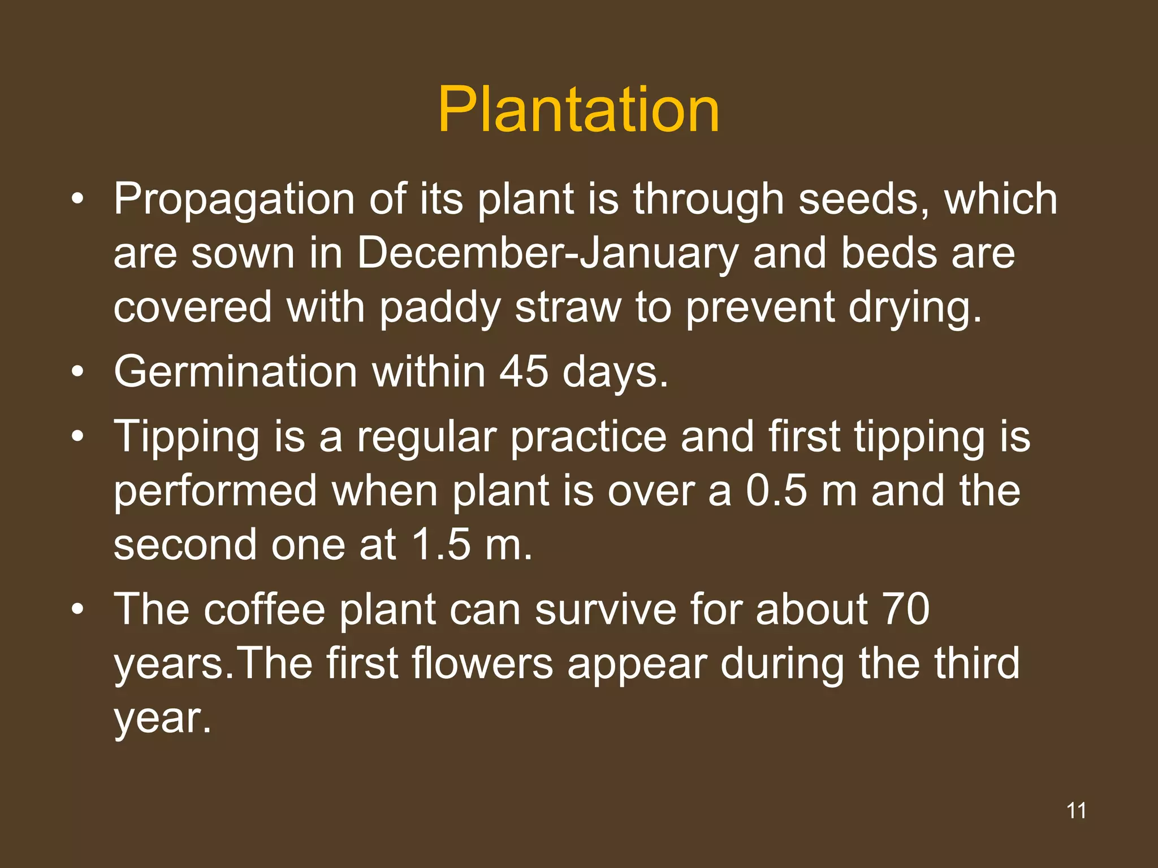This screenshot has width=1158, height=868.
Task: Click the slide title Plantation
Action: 578,110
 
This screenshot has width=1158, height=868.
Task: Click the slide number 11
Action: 1076,810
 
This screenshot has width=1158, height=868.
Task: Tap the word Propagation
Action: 234,200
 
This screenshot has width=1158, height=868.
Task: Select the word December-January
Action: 547,253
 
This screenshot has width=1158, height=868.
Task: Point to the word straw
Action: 568,308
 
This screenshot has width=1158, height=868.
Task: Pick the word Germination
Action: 235,372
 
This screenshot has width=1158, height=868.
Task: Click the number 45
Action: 524,372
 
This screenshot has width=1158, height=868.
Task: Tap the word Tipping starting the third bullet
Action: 187,438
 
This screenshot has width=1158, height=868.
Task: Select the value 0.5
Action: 776,491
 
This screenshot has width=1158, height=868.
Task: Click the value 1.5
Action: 441,545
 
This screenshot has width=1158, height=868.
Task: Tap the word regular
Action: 426,438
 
